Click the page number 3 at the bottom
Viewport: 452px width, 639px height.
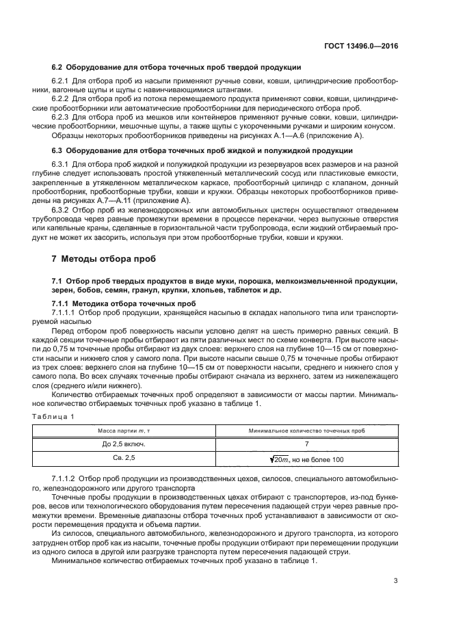(396, 582)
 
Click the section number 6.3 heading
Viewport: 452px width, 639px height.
(57, 150)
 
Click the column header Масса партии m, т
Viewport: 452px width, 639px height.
(124, 431)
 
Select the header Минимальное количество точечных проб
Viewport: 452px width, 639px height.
(306, 431)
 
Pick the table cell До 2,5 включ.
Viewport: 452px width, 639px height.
(124, 444)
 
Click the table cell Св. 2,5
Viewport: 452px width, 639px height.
(124, 459)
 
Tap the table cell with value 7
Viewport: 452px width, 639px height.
(306, 444)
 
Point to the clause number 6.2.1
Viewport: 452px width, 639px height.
(61, 81)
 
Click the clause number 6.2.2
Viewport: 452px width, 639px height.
(61, 98)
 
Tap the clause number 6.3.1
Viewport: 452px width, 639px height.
(61, 165)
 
